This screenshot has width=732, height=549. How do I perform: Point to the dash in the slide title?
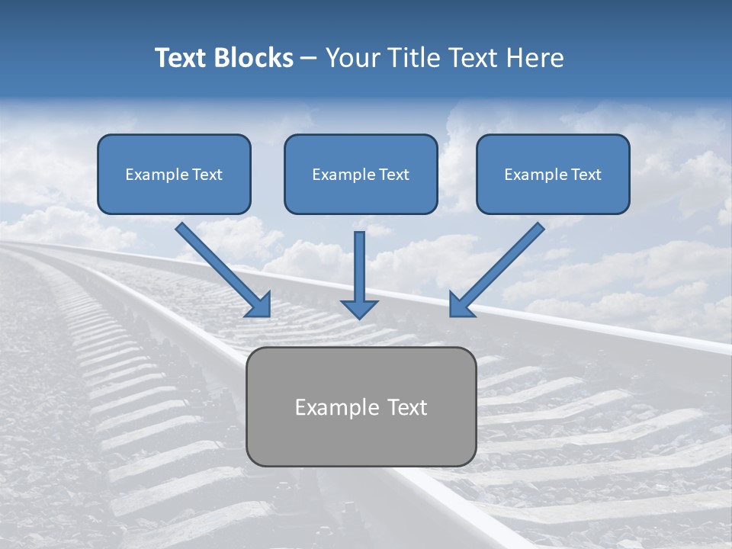[309, 59]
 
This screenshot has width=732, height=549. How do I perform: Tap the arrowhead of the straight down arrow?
[359, 308]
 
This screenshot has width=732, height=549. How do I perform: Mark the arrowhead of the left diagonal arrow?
[261, 305]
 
